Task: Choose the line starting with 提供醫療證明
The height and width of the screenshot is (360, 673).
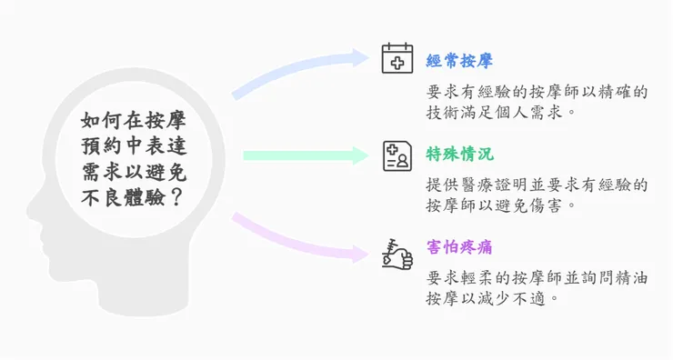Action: (x=537, y=185)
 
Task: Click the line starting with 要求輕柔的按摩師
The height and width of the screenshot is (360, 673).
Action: (x=537, y=278)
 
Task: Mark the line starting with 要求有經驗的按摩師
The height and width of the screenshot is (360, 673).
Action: (x=537, y=91)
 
